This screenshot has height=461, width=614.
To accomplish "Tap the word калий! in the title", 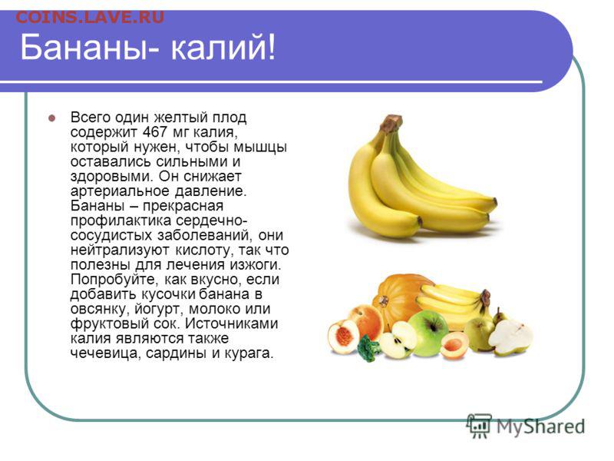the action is point(223,48).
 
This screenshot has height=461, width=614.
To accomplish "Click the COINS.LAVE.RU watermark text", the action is point(90,18).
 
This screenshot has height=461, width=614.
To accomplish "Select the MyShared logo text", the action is point(541,426).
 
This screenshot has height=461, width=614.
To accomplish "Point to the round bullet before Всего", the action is point(51,118).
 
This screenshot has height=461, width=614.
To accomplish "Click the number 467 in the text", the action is point(156,132).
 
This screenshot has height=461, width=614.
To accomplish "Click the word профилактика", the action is point(121,221).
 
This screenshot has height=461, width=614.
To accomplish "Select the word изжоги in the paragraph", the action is point(255,265).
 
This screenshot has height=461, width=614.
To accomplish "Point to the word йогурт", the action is point(160,310).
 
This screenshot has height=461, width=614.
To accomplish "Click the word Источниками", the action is point(232,323).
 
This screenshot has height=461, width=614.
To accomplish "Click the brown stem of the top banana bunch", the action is point(391,123).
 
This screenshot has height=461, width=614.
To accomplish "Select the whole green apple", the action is point(428,333).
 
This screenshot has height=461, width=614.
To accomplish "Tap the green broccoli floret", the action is point(368,348).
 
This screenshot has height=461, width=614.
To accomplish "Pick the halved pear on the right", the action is point(510,337).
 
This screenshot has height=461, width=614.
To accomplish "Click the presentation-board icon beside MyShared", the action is point(479,426).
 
